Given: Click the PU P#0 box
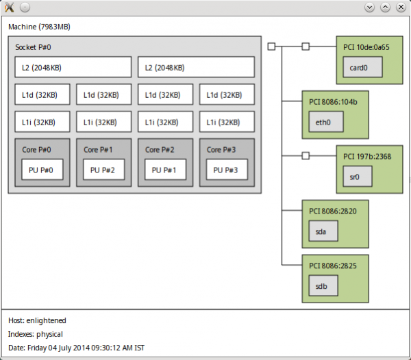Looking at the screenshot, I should point(42,170).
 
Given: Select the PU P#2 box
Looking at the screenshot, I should point(103,170).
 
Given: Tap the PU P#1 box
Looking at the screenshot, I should point(165,170).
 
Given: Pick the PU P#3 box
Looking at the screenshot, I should point(227,170).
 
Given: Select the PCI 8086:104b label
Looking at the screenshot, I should point(333,102).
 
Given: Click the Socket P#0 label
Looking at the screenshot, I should point(33,47).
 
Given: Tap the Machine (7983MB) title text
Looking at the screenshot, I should point(39,27).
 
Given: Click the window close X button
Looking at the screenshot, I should point(401,7).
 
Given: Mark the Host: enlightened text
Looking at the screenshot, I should point(37,320).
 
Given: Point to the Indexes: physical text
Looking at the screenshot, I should point(36,334).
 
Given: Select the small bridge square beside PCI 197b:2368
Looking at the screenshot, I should point(306,155).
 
